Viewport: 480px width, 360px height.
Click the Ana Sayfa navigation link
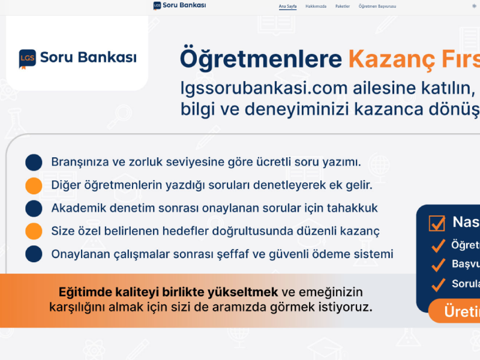point(288,7)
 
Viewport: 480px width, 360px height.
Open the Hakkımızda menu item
point(316,7)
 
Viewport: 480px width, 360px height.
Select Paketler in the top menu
point(343,7)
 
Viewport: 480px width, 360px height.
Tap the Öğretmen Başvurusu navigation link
point(377,7)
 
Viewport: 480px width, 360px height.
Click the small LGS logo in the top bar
point(157,5)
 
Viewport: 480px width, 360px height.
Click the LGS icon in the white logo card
point(28,58)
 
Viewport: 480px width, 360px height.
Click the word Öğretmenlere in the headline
point(261,59)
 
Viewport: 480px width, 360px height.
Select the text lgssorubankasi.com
point(264,88)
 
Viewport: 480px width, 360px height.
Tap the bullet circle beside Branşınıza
point(34,163)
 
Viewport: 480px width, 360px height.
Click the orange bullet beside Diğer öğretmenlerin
point(34,185)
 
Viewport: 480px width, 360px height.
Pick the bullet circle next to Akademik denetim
point(34,208)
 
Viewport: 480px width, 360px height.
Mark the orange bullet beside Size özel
point(34,231)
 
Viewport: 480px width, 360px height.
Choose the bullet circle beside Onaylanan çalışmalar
point(34,254)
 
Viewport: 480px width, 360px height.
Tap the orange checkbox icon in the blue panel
point(437,223)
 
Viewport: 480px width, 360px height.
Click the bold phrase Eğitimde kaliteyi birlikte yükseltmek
point(169,292)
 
